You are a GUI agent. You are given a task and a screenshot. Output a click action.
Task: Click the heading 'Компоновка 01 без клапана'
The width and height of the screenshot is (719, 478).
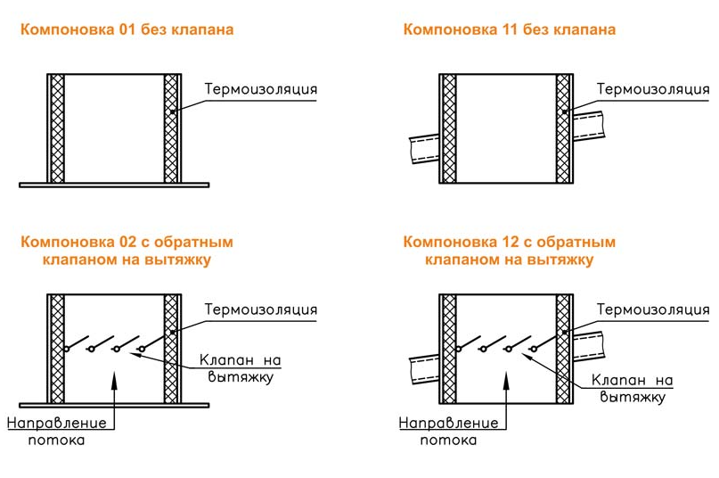127,29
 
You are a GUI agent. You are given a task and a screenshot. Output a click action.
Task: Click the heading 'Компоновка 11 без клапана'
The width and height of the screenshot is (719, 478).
509,29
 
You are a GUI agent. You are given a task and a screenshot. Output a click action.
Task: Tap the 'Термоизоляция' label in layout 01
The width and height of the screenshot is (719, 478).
261,89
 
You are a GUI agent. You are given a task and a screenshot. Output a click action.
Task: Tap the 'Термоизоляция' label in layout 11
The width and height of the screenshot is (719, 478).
653,89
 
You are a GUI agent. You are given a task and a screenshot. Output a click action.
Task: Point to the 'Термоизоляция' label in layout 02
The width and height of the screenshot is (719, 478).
261,309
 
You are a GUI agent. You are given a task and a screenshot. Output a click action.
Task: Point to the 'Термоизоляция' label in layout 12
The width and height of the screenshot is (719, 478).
653,309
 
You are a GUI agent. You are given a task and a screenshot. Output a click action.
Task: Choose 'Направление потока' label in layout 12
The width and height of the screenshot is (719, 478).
448,431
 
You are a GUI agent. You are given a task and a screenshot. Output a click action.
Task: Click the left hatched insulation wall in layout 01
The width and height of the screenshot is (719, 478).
57,128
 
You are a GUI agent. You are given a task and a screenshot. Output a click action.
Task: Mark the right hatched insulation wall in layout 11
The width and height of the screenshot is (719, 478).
563,128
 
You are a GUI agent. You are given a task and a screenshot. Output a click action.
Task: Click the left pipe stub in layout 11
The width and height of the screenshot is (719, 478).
423,144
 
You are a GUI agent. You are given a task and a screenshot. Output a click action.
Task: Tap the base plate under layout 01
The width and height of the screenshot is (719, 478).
114,185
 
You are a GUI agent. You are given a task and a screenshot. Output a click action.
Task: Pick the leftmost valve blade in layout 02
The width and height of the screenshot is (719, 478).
75,344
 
